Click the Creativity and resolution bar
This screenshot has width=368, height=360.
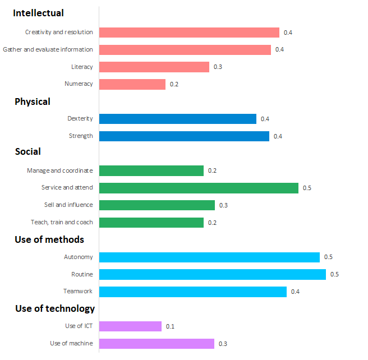tap(189, 33)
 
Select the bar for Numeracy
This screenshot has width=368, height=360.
tap(132, 84)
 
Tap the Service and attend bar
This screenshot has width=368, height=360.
tap(199, 188)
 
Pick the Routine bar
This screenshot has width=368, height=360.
tap(212, 274)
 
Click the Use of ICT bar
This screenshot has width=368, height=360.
tap(130, 326)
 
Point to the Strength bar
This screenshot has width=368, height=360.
tap(184, 136)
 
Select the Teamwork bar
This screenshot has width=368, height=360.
tap(192, 292)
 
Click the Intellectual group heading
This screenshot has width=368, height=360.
tap(38, 13)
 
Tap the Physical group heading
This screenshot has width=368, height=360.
tap(33, 101)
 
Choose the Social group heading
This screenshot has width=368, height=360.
tap(28, 151)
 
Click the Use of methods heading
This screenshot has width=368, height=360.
tap(49, 239)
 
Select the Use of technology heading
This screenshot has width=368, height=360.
tap(55, 308)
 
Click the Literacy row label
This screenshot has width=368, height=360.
tap(82, 67)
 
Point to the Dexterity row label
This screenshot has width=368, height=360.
tap(80, 119)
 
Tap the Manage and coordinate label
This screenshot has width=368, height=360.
tap(60, 170)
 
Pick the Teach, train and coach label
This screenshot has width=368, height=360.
tap(62, 223)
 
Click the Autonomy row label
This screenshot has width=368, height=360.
tap(79, 257)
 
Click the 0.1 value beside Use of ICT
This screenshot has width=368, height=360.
tap(170, 326)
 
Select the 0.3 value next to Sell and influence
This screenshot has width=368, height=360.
tap(223, 205)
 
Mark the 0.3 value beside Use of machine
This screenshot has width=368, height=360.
tap(223, 344)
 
